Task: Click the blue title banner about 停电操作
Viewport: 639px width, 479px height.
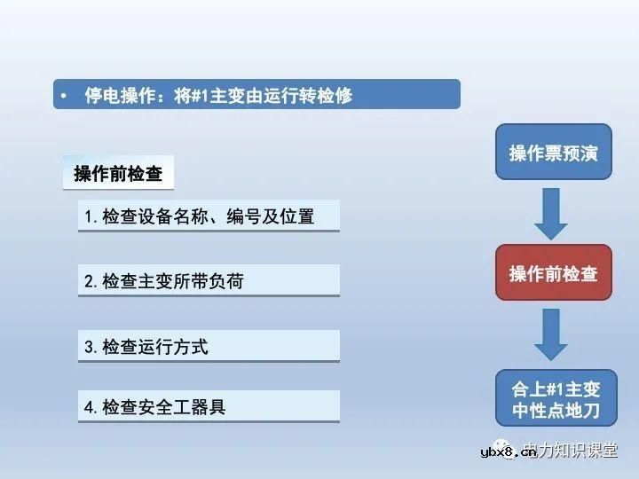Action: pyautogui.click(x=256, y=94)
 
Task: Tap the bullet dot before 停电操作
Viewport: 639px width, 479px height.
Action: pyautogui.click(x=64, y=95)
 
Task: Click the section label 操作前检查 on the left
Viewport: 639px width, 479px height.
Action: pyautogui.click(x=118, y=174)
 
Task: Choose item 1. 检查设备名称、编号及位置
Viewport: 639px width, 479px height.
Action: pyautogui.click(x=209, y=216)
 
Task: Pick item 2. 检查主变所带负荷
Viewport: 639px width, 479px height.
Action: pyautogui.click(x=209, y=281)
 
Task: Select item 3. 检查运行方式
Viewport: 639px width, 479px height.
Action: pyautogui.click(x=209, y=347)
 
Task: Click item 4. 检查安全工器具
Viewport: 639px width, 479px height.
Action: pyautogui.click(x=209, y=407)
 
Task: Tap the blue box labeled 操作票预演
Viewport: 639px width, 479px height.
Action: pyautogui.click(x=553, y=153)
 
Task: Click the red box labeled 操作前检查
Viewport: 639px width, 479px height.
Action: pyautogui.click(x=553, y=273)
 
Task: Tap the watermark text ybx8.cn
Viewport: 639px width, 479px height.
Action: pyautogui.click(x=508, y=452)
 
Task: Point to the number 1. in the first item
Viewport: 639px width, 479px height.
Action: pyautogui.click(x=91, y=216)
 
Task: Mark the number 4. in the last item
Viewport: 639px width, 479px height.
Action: pyautogui.click(x=91, y=407)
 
